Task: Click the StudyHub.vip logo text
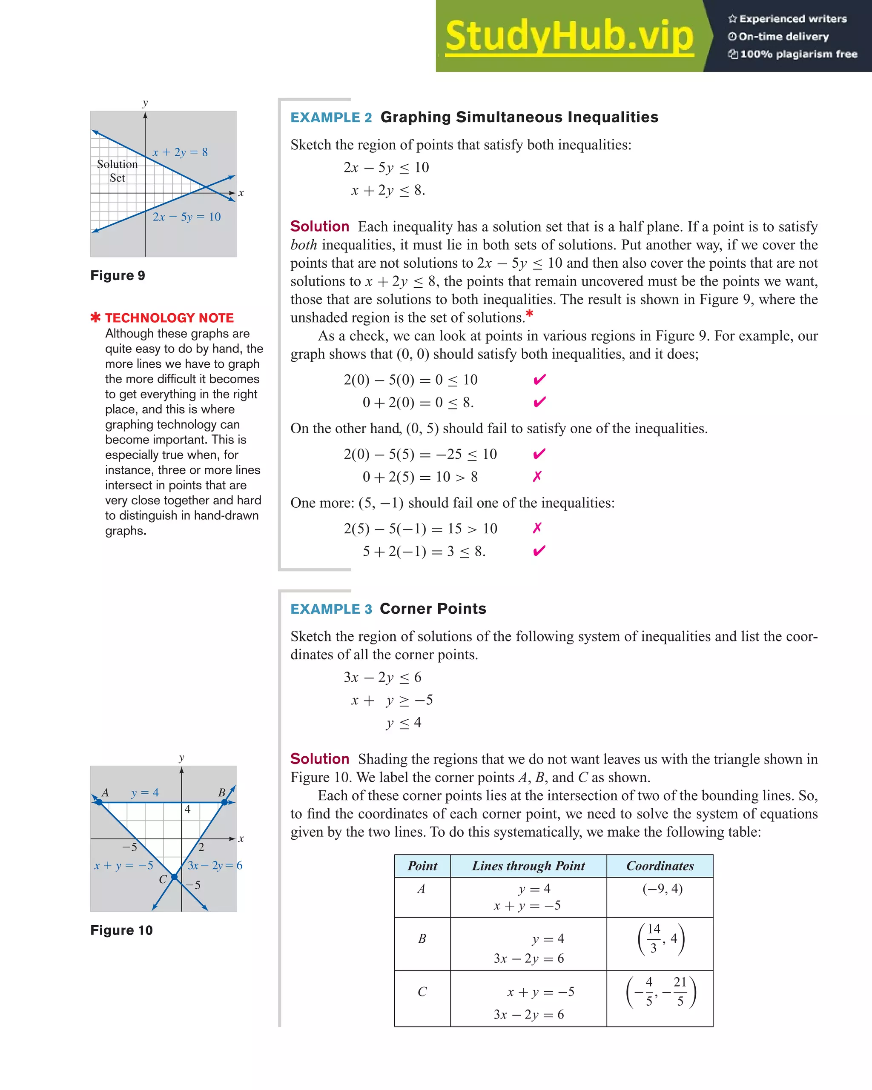569,37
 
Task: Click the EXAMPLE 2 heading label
331,117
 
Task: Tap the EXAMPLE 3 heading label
331,609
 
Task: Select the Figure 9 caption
118,275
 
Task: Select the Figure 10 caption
121,930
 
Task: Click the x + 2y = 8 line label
180,152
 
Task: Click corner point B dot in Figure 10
224,802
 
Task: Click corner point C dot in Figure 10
174,877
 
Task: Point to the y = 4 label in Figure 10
145,793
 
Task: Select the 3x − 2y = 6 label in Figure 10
215,866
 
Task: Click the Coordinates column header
660,866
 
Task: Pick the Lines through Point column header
528,866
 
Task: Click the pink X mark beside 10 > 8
537,476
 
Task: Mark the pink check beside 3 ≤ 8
539,551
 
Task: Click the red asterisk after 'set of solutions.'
529,315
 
